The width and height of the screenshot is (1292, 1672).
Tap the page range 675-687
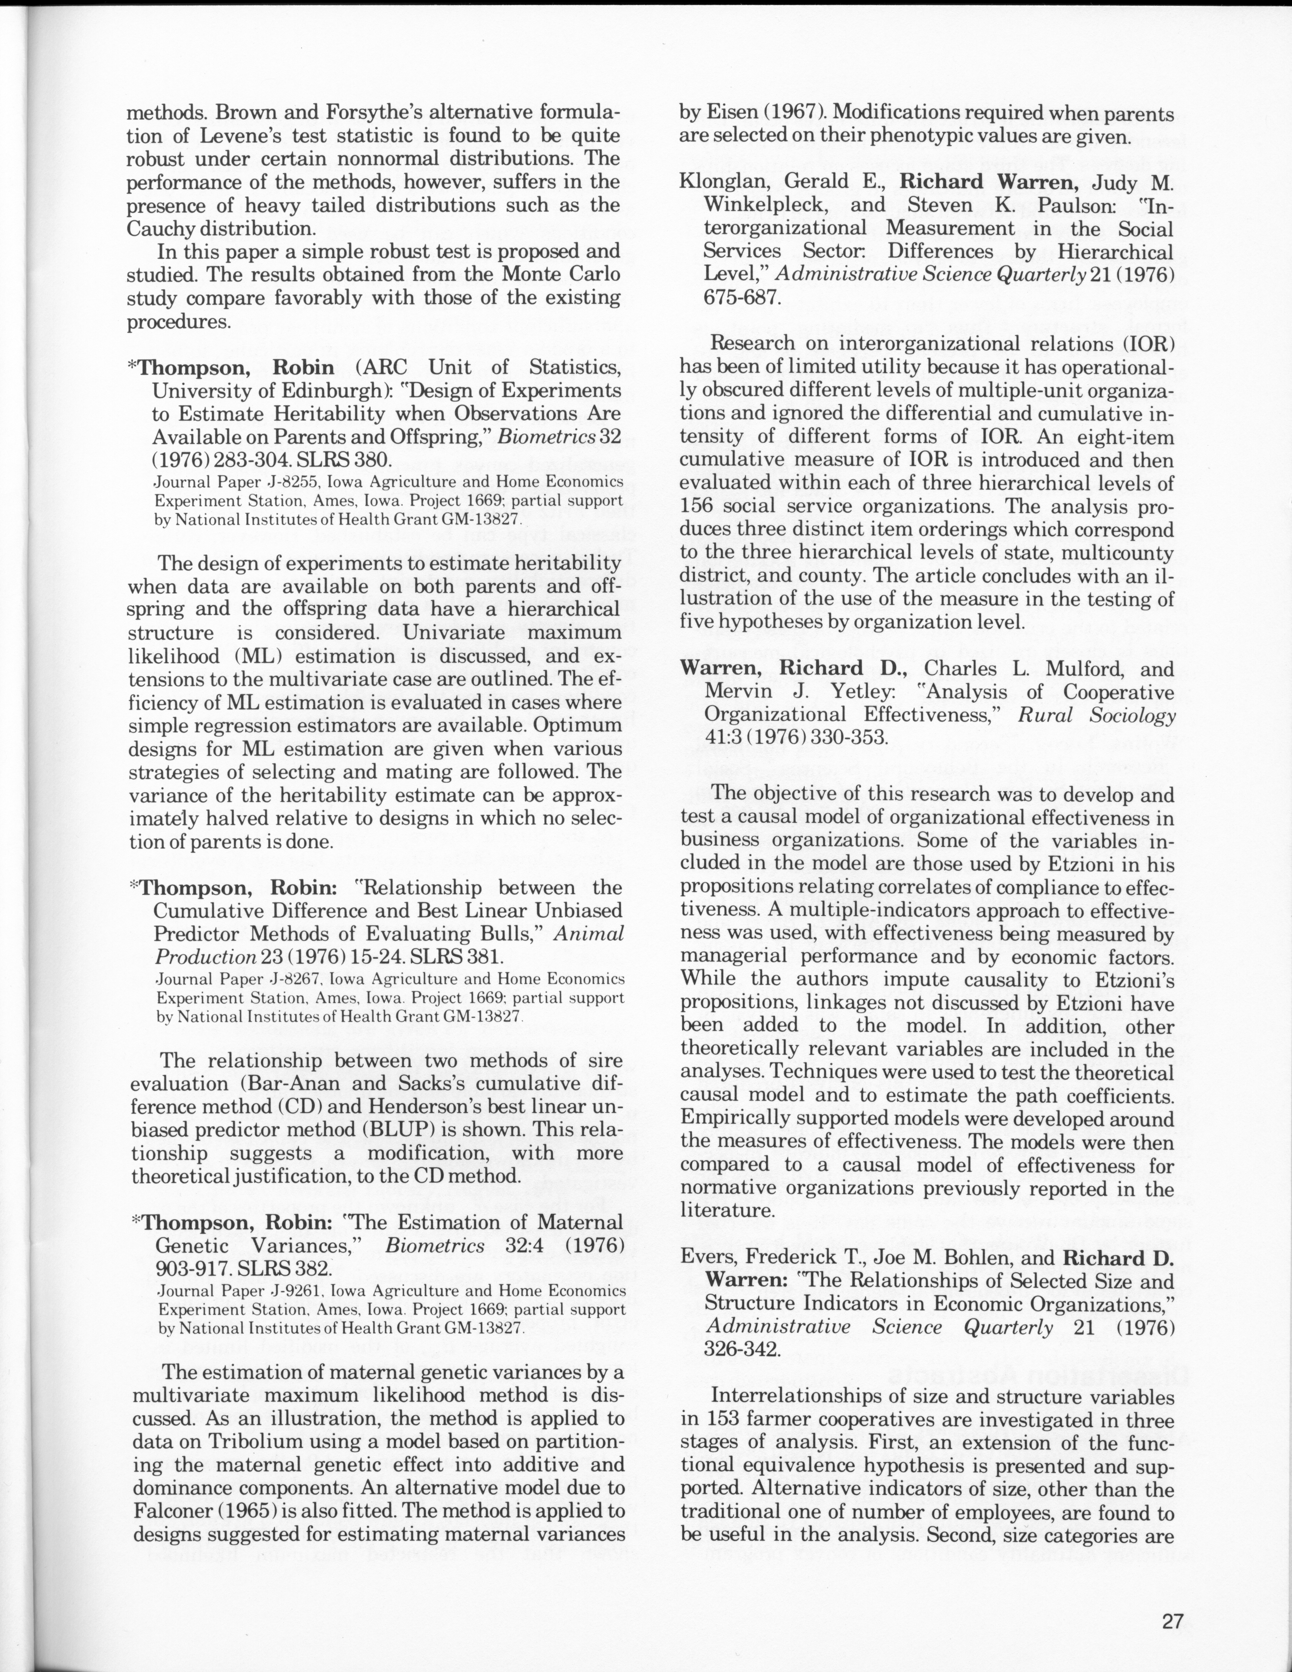743,298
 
